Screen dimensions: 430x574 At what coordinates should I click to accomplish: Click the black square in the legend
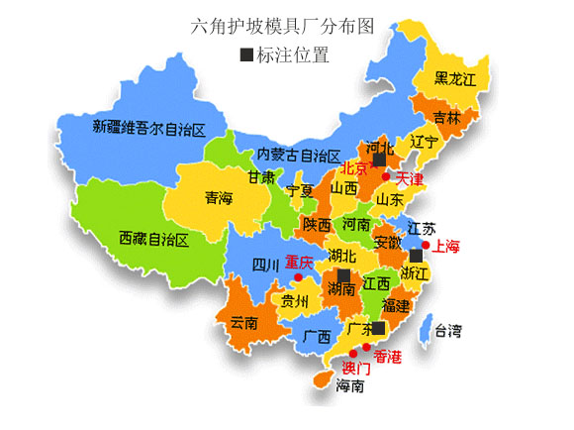(246, 54)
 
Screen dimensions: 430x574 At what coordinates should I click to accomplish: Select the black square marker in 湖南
(343, 274)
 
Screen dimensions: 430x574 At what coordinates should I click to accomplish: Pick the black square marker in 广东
(378, 328)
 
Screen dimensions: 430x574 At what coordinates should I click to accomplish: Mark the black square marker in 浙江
(415, 256)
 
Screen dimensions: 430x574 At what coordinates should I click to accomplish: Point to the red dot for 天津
(386, 174)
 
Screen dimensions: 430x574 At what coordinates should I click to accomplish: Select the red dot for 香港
(367, 348)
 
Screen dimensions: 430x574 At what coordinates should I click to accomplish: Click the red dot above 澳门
(352, 354)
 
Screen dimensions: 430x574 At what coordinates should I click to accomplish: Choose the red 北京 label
(354, 168)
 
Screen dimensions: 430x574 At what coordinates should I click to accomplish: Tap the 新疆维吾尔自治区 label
(148, 127)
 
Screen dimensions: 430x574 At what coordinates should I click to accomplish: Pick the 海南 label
(350, 385)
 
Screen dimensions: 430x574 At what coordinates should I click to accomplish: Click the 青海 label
(220, 198)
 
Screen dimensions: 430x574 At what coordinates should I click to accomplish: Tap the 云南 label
(243, 322)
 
